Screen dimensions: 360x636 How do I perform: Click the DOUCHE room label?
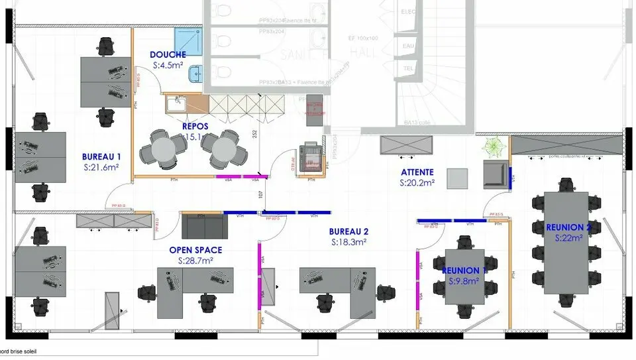coord(168,54)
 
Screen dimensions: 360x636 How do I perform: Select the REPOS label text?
coord(195,126)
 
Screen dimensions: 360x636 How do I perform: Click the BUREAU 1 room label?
coord(101,156)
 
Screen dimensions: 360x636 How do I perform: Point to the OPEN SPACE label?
coord(195,250)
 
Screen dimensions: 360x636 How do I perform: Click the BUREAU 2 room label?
coord(348,232)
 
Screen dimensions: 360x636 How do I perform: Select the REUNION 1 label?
coord(464,270)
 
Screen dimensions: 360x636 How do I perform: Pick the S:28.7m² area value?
coord(195,261)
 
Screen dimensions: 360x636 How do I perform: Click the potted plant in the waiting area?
coord(493,145)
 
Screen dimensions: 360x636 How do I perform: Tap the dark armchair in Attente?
coord(493,173)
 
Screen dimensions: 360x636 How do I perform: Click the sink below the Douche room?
coord(176,103)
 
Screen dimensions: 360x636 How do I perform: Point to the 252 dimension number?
coord(254,134)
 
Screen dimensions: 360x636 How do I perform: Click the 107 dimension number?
coord(261,194)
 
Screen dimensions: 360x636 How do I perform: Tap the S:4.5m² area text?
coord(168,66)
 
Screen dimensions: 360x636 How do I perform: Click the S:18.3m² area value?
coord(348,243)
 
